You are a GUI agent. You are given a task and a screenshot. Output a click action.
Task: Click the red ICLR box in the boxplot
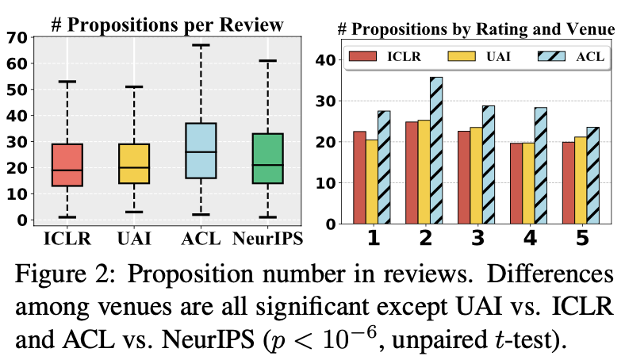[x=67, y=165]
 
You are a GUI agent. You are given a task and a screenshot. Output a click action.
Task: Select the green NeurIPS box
[x=268, y=159]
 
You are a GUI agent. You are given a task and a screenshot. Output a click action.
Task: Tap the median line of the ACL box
[x=201, y=152]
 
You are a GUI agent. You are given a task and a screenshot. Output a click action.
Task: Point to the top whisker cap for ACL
[x=201, y=45]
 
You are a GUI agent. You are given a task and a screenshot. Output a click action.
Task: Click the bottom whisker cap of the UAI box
[x=134, y=212]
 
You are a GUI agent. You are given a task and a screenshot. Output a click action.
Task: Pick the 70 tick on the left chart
[x=17, y=37]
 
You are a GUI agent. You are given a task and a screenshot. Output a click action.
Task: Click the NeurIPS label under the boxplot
[x=268, y=239]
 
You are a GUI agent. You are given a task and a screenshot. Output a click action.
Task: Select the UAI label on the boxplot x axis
[x=134, y=239]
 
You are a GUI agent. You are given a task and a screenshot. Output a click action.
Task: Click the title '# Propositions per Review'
[x=167, y=25]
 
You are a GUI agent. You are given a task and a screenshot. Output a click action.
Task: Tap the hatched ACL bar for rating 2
[x=436, y=151]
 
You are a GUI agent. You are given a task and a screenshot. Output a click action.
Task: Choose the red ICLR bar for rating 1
[x=359, y=178]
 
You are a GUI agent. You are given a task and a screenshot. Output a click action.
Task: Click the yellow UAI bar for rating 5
[x=581, y=180]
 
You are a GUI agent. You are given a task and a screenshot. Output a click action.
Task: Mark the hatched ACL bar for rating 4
[x=540, y=166]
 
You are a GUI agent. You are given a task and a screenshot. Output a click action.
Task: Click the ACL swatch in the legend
[x=551, y=56]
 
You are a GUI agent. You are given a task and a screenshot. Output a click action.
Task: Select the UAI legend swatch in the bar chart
[x=462, y=56]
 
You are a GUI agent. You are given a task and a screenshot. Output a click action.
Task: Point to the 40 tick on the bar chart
[x=326, y=59]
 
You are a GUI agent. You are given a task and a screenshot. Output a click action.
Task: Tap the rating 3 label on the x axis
[x=477, y=238]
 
